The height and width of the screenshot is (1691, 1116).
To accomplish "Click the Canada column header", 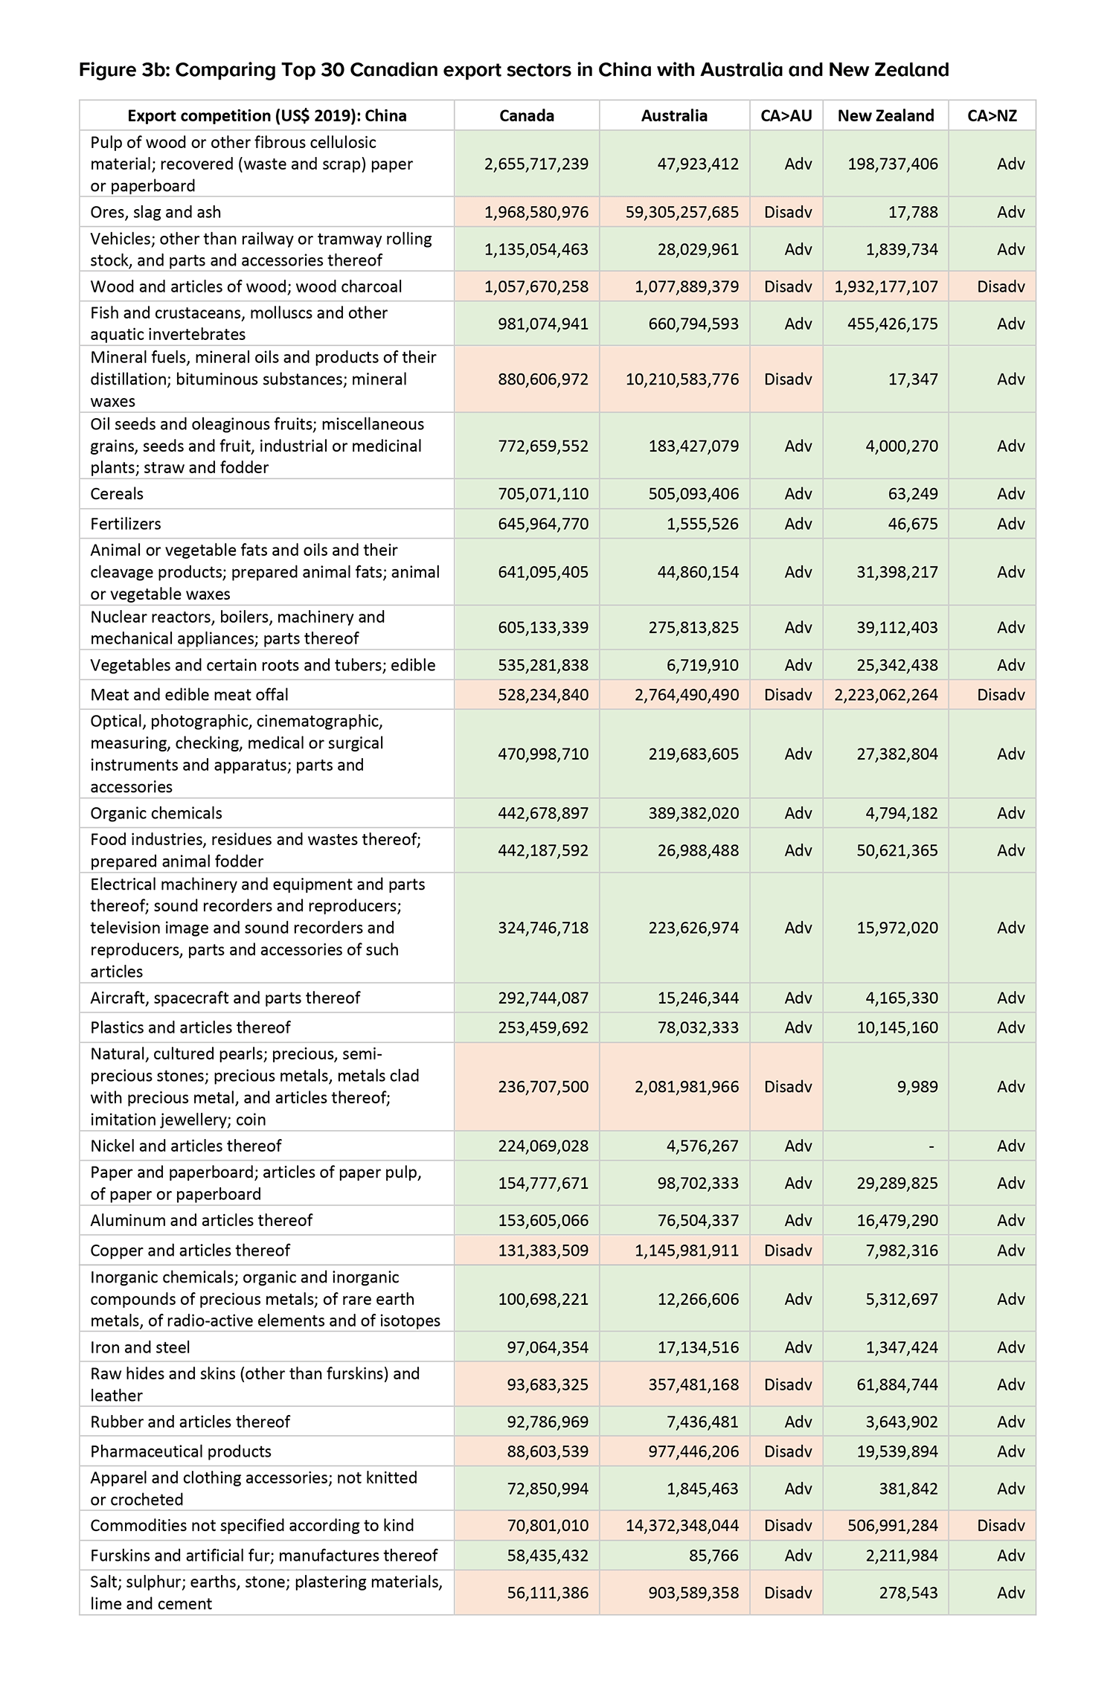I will pyautogui.click(x=526, y=115).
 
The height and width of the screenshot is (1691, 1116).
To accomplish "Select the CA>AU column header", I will pyautogui.click(x=786, y=115).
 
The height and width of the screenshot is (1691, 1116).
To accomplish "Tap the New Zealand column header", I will pyautogui.click(x=885, y=115).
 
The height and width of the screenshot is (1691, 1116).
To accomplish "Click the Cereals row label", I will pyautogui.click(x=117, y=494).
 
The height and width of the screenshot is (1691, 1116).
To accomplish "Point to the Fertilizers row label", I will pyautogui.click(x=126, y=524).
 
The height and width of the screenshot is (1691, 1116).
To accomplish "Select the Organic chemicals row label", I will pyautogui.click(x=156, y=813).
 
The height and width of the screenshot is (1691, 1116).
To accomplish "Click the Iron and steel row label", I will pyautogui.click(x=140, y=1347).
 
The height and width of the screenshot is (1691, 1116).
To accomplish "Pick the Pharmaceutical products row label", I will pyautogui.click(x=181, y=1451).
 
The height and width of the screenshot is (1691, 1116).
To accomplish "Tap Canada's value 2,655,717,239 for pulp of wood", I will pyautogui.click(x=536, y=164).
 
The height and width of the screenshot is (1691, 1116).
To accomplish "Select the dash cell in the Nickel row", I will pyautogui.click(x=931, y=1146).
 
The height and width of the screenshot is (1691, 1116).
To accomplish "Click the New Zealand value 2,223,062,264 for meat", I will pyautogui.click(x=886, y=695).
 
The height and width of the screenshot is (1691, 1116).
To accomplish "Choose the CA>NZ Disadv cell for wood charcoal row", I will pyautogui.click(x=1001, y=286).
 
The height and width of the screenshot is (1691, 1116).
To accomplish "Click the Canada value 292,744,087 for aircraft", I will pyautogui.click(x=543, y=998).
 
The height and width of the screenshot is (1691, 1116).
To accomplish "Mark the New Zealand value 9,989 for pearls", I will pyautogui.click(x=917, y=1087).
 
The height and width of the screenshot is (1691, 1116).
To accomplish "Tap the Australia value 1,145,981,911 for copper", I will pyautogui.click(x=687, y=1251).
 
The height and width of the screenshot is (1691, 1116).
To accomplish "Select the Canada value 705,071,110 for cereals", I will pyautogui.click(x=543, y=494).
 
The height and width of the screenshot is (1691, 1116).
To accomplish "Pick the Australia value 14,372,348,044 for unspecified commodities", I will pyautogui.click(x=682, y=1526).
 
